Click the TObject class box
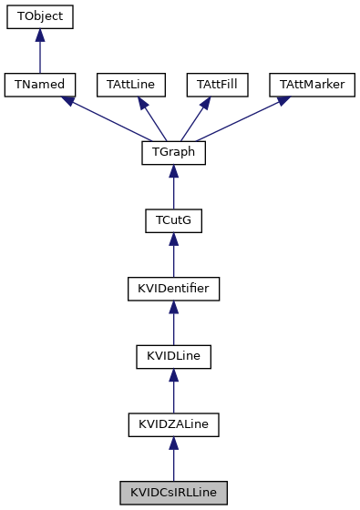(39, 17)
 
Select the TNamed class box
(39, 85)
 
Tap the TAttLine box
(130, 85)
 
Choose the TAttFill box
(217, 85)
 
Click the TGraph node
(173, 153)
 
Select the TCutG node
(173, 221)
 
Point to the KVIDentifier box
(173, 289)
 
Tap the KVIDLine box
(173, 357)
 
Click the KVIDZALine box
(173, 424)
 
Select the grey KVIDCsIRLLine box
(173, 493)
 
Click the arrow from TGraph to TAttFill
(196, 118)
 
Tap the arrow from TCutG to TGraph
(173, 188)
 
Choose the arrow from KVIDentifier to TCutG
(173, 255)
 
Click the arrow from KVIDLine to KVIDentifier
(173, 323)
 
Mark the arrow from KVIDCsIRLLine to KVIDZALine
(173, 459)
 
